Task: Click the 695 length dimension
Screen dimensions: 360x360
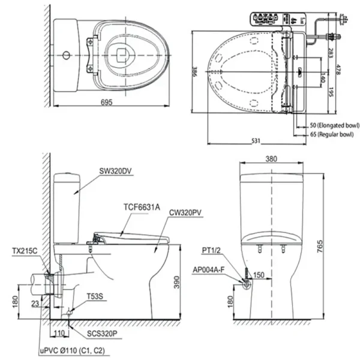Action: click(106, 103)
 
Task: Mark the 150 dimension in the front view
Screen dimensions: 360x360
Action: click(259, 275)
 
